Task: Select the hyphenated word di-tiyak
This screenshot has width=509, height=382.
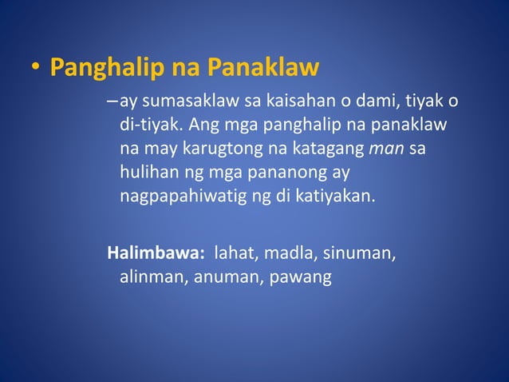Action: point(147,127)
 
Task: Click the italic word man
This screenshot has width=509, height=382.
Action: point(386,150)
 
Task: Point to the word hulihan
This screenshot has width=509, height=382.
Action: point(148,173)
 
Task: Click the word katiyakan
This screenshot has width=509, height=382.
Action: point(336,197)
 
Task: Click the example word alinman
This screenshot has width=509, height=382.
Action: point(153,277)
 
